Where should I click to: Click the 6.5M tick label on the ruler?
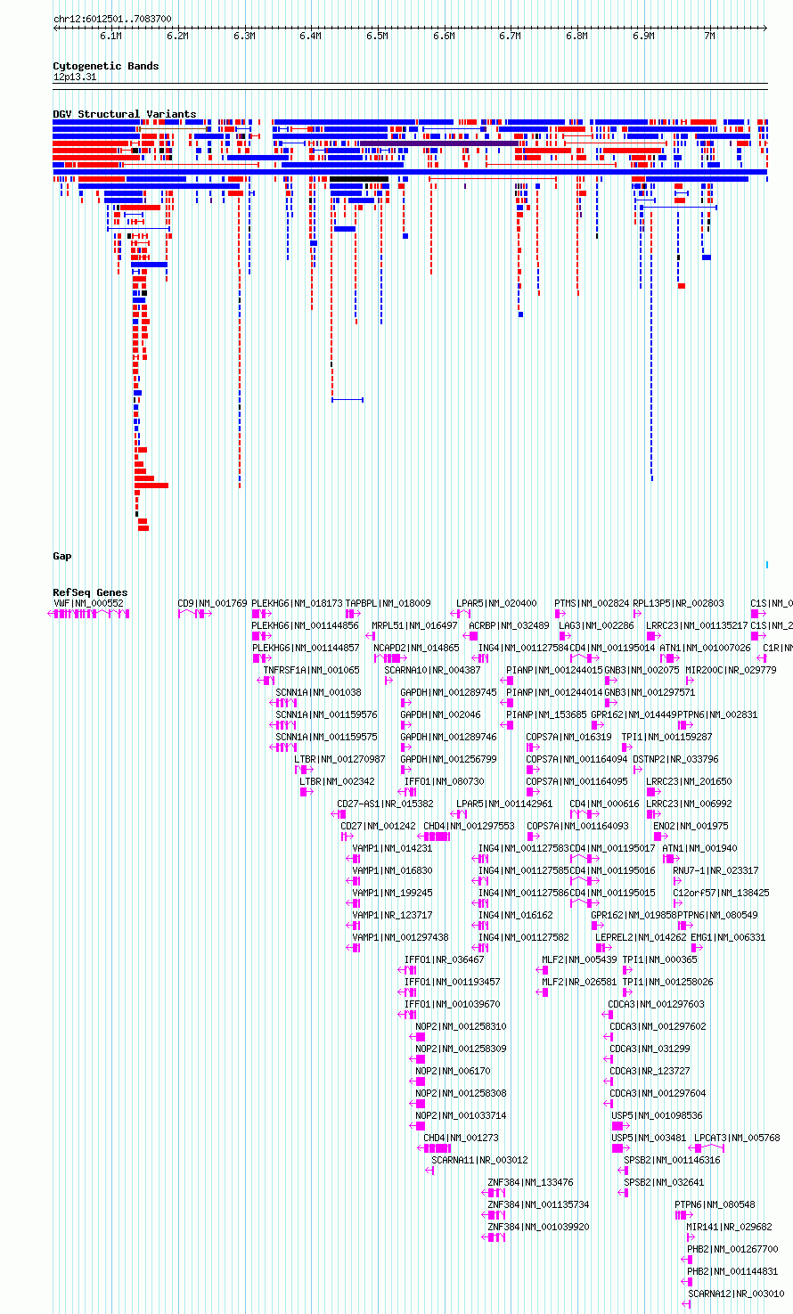(x=377, y=37)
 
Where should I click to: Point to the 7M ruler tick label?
(x=709, y=37)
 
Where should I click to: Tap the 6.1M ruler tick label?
(x=110, y=37)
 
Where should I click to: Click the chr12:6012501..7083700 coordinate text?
(x=112, y=19)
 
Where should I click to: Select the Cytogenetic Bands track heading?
(x=105, y=66)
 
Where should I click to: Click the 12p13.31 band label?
(x=75, y=78)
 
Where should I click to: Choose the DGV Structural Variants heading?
(x=124, y=114)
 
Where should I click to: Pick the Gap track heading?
(x=61, y=556)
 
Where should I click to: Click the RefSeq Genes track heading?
(x=90, y=592)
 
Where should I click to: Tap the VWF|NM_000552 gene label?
(x=88, y=603)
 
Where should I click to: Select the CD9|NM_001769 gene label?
(x=212, y=603)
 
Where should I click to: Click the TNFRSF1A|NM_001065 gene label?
(x=311, y=670)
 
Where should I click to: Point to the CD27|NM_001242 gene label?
(x=378, y=826)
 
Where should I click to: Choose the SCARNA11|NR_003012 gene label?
(x=479, y=1160)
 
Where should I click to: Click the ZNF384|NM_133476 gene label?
(x=530, y=1182)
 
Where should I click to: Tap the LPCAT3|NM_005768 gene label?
(x=737, y=1138)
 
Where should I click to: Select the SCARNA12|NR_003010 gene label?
(x=736, y=1294)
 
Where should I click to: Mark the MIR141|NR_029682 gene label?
(x=729, y=1227)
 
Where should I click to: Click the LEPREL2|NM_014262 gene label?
(x=641, y=937)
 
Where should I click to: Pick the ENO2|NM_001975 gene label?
(x=691, y=826)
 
